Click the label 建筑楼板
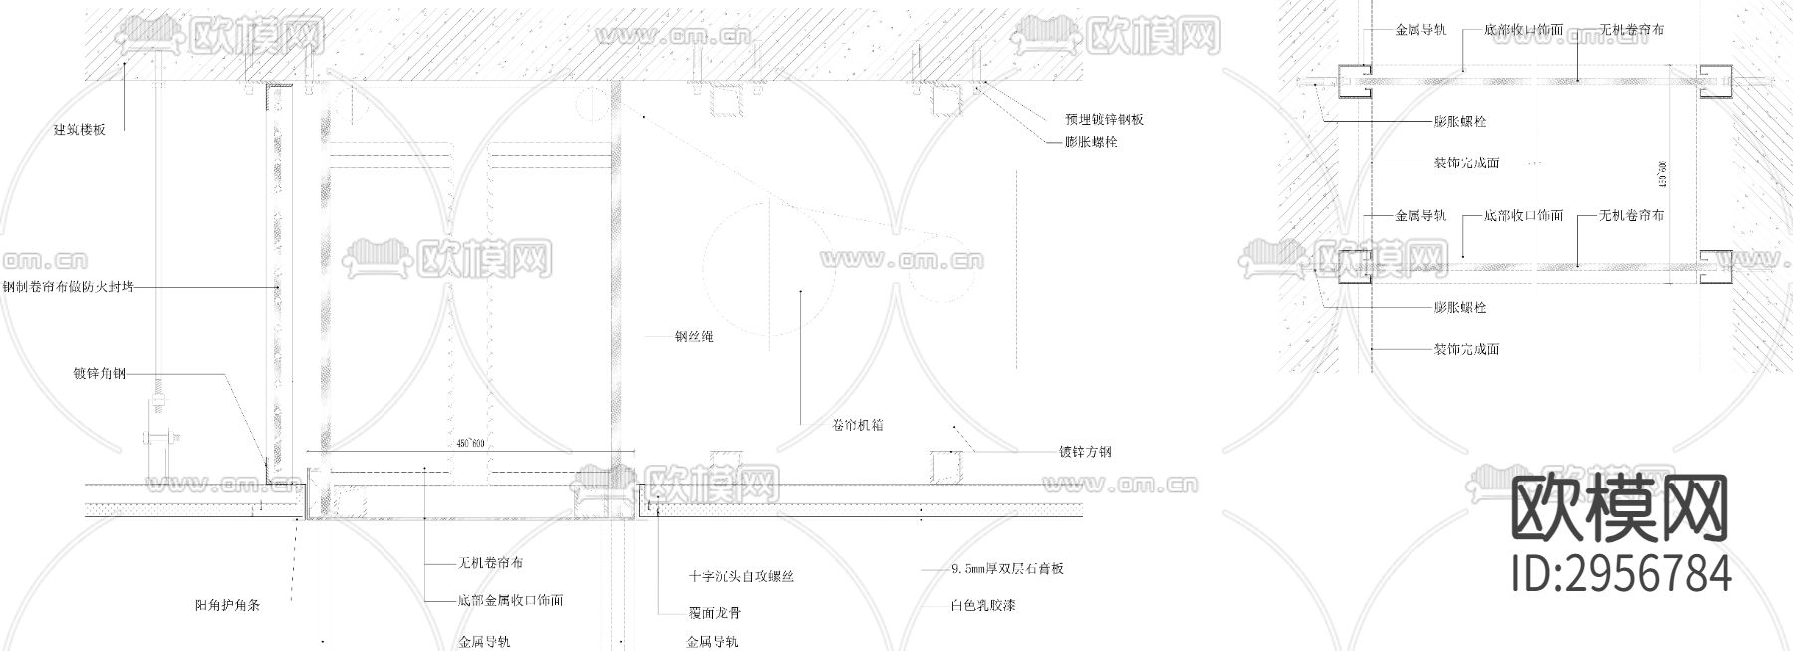coord(79,129)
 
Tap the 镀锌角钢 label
coord(100,374)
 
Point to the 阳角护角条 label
coord(227,605)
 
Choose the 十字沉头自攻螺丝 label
coord(741,576)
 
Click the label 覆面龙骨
coord(714,613)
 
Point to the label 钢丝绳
coord(694,337)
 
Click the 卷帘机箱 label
coord(858,425)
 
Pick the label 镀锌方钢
coord(1085,452)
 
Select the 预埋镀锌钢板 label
coord(1104,119)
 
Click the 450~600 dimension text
coord(468,443)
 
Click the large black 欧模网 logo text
coord(1620,508)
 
